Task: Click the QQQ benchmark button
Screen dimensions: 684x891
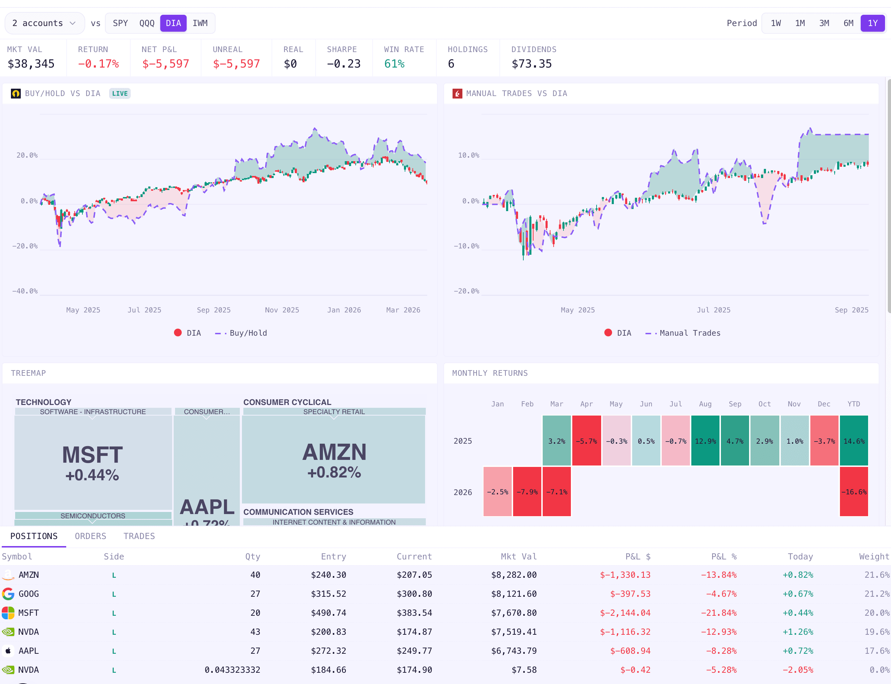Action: (147, 23)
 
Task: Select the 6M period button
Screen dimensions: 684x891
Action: (848, 23)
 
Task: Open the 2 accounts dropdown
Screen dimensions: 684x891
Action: (44, 23)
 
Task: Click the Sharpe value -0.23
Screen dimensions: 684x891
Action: (343, 64)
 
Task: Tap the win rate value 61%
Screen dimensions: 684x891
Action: (394, 64)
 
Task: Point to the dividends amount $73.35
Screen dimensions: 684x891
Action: (531, 64)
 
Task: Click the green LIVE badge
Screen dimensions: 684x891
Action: (120, 94)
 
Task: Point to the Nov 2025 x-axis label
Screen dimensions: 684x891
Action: (282, 310)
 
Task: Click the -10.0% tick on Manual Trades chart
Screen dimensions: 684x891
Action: (467, 246)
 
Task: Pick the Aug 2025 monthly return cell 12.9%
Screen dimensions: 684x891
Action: (705, 441)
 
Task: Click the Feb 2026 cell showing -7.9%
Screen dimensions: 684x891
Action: (527, 492)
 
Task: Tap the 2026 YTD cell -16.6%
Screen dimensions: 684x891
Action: (854, 492)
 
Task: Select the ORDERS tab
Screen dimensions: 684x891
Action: (91, 536)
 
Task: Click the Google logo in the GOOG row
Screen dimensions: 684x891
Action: (8, 594)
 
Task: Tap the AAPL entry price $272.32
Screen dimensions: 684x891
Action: (328, 651)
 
